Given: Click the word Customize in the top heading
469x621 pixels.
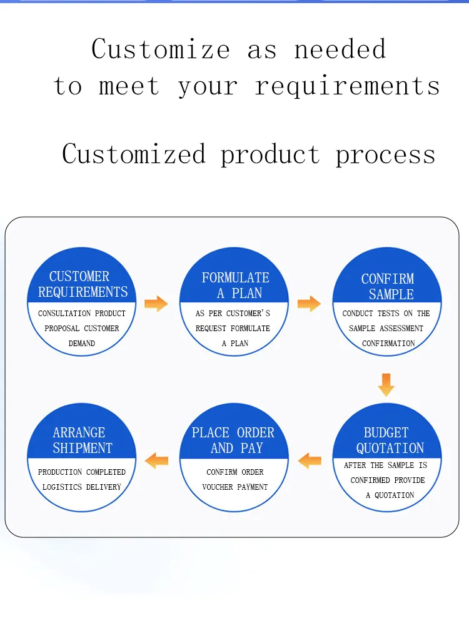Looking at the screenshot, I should tap(161, 49).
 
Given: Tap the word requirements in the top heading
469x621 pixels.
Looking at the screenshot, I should tap(347, 86).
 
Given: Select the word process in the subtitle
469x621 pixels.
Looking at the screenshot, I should tap(385, 154).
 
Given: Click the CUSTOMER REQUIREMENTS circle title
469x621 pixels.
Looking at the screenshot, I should tap(82, 284).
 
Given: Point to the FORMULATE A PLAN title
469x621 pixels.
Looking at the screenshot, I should tap(235, 286).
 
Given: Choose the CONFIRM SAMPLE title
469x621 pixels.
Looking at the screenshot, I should tap(388, 287).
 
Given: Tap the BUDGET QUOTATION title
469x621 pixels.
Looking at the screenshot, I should tap(388, 440).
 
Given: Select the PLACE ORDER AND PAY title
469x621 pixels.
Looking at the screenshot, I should tap(233, 440).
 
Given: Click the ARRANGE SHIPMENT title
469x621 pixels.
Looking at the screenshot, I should tap(81, 440).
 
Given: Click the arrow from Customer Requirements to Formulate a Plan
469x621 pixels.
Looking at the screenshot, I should tap(156, 304).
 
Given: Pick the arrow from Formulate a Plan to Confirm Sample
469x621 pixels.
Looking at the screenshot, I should tap(309, 304).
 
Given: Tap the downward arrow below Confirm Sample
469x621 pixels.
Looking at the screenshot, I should tap(386, 384).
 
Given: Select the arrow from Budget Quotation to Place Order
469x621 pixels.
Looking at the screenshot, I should tap(309, 461).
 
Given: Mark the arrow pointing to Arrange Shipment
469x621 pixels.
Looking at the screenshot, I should tap(156, 461).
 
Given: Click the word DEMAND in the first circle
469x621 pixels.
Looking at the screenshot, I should tap(82, 343).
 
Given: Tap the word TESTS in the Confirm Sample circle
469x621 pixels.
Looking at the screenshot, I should tap(388, 313).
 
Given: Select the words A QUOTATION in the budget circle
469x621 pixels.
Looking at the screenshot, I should tap(390, 495).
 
